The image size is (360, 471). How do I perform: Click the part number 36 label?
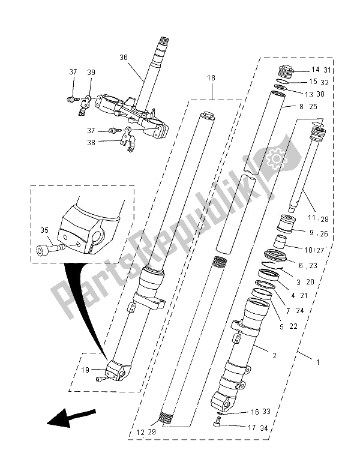[124, 58]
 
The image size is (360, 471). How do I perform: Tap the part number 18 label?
[212, 79]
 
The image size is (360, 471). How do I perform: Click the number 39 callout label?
[91, 72]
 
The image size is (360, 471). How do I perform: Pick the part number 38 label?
[91, 142]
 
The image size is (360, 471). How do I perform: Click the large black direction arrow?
[71, 416]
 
